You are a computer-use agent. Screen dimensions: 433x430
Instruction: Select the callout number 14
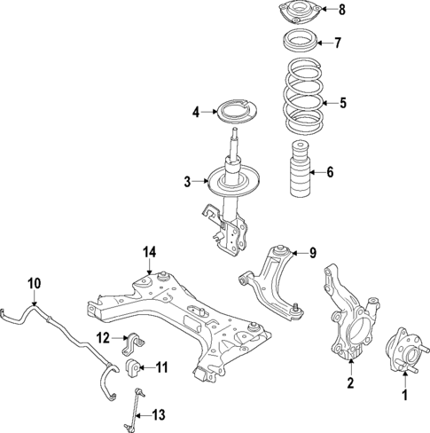coord(149,253)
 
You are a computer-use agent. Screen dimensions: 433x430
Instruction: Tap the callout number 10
coord(34,284)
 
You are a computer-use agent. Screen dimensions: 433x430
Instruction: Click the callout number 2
coord(349,383)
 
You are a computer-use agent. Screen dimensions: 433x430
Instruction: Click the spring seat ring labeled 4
coord(233,113)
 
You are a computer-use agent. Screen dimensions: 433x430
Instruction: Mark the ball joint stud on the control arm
coord(293,310)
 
